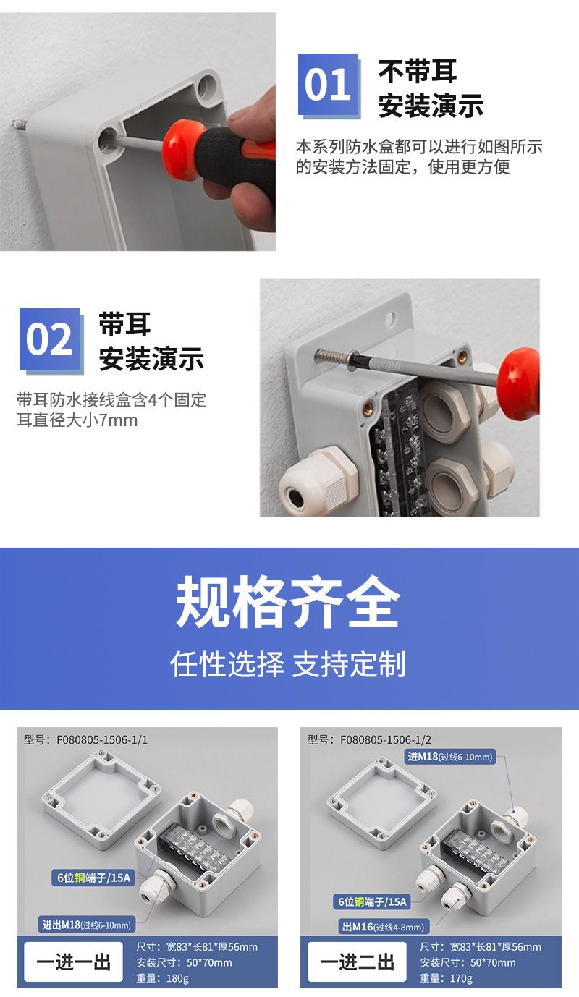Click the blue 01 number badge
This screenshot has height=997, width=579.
tap(329, 85)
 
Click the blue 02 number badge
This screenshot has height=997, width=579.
tap(51, 339)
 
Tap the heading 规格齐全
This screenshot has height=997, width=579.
tap(288, 602)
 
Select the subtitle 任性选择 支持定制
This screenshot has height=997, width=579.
tap(288, 663)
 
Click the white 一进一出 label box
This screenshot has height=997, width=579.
tap(74, 962)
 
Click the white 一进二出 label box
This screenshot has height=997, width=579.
tap(357, 962)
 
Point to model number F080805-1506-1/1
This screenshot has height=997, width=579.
tap(102, 739)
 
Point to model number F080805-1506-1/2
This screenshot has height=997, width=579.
tap(386, 739)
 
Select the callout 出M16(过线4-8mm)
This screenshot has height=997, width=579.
tap(384, 927)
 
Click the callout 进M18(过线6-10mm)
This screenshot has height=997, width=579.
tap(450, 756)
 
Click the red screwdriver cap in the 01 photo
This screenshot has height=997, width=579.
tap(181, 149)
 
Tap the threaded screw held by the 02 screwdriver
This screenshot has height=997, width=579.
tap(331, 357)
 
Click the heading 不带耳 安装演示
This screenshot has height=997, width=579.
tap(431, 88)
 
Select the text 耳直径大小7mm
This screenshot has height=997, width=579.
tap(77, 420)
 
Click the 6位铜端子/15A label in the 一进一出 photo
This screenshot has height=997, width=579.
tap(93, 878)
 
